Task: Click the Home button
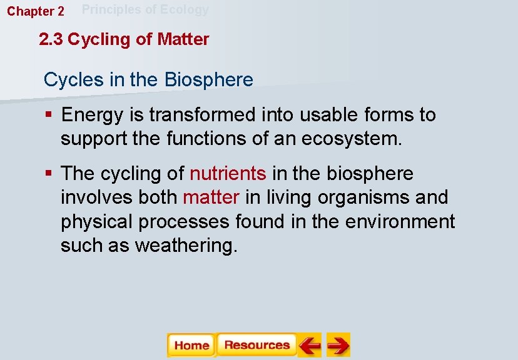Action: [x=191, y=345]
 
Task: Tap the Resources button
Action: [x=256, y=345]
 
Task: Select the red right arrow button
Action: [x=338, y=345]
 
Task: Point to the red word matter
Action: [x=211, y=197]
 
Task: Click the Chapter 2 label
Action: [x=36, y=11]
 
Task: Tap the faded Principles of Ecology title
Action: [x=145, y=9]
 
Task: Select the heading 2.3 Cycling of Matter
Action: [x=124, y=40]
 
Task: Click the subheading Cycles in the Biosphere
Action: [x=148, y=80]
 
